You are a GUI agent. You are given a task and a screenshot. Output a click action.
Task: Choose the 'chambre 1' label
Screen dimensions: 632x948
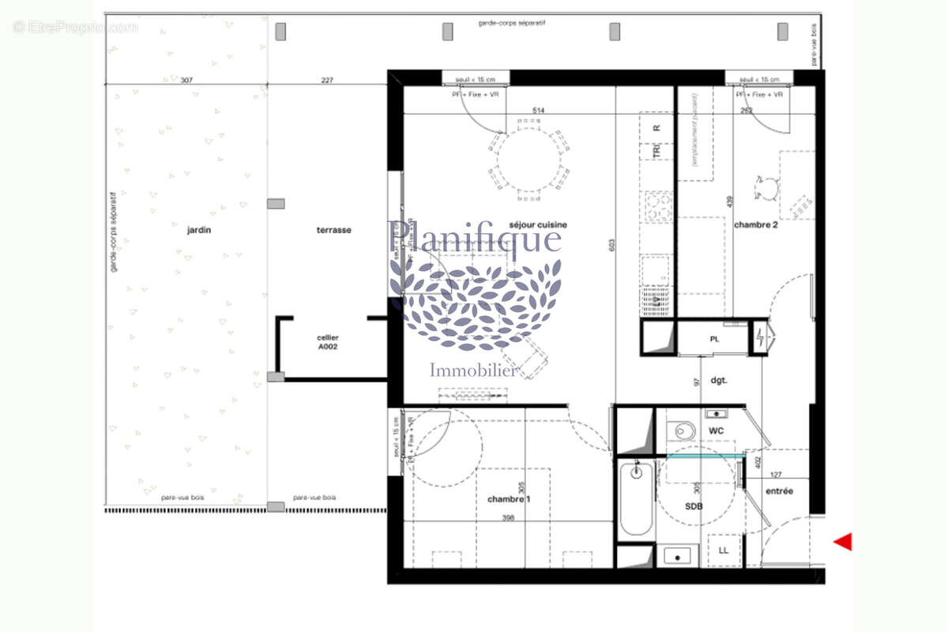click(x=509, y=498)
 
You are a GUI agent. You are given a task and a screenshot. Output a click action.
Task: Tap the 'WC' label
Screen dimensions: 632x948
click(x=717, y=431)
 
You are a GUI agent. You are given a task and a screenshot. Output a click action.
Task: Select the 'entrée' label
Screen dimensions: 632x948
click(x=779, y=491)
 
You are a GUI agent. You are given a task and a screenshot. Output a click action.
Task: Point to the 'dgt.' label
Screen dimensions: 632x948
click(x=718, y=380)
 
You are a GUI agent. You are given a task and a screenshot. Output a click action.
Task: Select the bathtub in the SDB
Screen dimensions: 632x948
click(x=635, y=499)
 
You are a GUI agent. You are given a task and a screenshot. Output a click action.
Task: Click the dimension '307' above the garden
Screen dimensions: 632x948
click(x=186, y=80)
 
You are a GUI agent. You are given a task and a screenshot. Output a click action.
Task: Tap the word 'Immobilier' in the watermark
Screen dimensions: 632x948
click(x=474, y=370)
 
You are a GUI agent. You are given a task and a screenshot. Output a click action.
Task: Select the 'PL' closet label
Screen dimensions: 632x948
click(x=714, y=339)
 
